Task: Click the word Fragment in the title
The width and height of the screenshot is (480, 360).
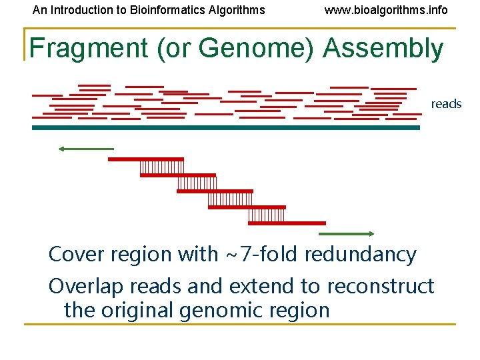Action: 89,49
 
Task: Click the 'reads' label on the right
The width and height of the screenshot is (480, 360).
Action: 446,104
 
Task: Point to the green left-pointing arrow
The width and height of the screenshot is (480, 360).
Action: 86,149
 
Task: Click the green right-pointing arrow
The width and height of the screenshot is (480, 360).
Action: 347,234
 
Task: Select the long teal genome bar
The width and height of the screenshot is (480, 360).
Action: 226,127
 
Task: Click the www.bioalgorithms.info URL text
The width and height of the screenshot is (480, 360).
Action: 386,10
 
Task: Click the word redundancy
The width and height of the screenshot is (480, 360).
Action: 361,254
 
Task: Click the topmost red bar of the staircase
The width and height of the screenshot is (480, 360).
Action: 145,159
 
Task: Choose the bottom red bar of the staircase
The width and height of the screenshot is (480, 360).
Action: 287,223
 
